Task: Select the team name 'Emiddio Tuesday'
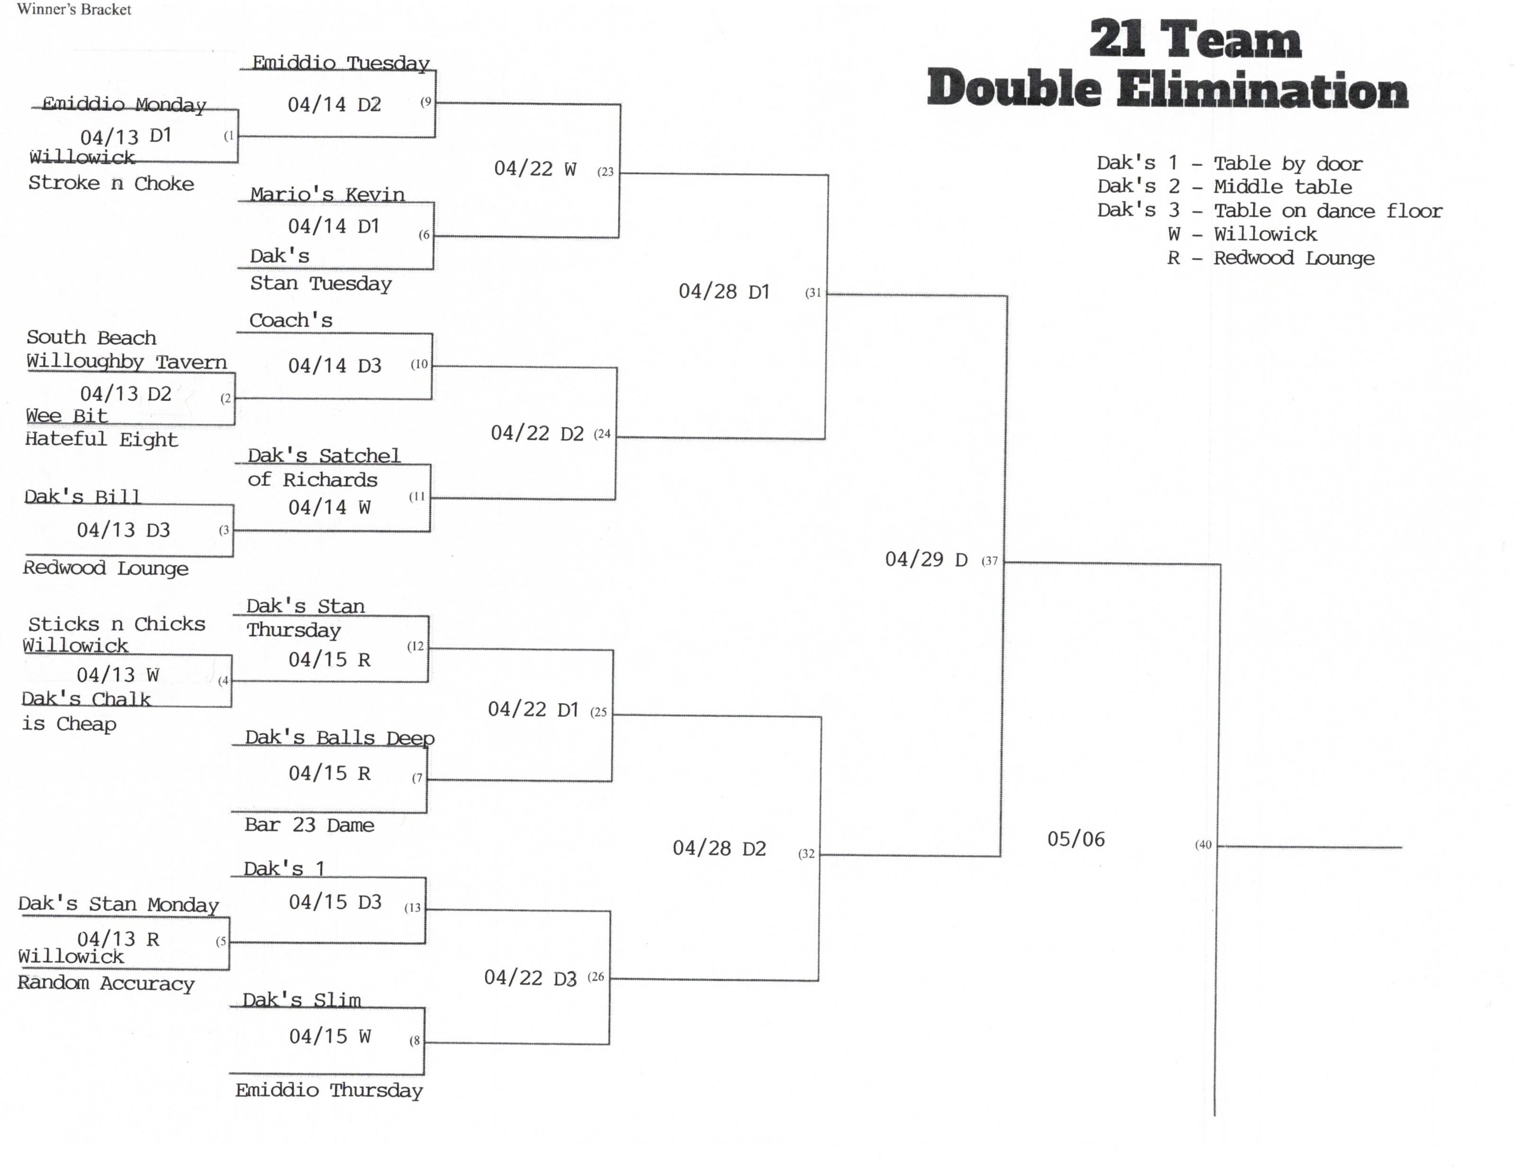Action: click(x=340, y=63)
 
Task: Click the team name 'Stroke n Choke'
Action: click(x=111, y=183)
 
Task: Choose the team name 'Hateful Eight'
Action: click(x=101, y=439)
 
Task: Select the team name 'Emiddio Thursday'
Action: click(x=329, y=1090)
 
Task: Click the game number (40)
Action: click(x=1203, y=845)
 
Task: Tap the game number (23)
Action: click(x=605, y=171)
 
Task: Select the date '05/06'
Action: click(x=1075, y=839)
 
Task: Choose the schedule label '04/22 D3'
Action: click(x=530, y=977)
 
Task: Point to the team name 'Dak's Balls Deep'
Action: click(x=340, y=738)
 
